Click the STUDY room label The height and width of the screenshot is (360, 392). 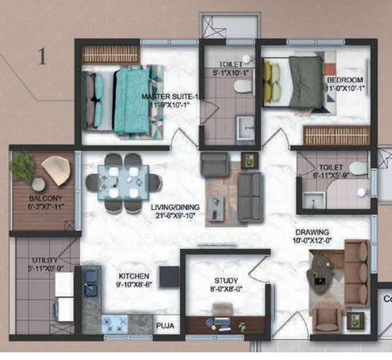point(226,281)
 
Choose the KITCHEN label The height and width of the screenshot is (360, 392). point(133,276)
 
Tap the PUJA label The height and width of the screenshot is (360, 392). point(164,325)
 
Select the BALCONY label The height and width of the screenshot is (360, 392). point(42,199)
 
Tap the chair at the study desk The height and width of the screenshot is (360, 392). point(223,309)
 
